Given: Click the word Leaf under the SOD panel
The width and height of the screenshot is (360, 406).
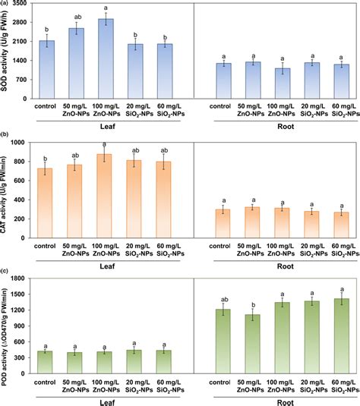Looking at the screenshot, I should pyautogui.click(x=112, y=127).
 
